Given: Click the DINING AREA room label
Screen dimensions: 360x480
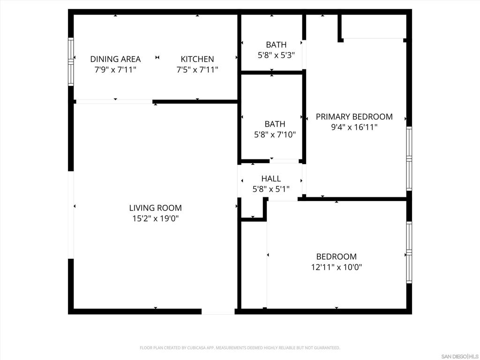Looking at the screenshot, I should [x=115, y=59].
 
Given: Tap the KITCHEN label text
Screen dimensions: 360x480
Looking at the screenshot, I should [x=197, y=59].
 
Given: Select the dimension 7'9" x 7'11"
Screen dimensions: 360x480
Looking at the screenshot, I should [x=115, y=70].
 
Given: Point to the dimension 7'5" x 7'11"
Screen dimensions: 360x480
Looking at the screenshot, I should [x=197, y=70].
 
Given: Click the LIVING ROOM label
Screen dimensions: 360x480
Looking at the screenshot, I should [x=155, y=208].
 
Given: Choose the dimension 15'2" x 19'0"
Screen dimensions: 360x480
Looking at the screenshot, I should [x=155, y=218].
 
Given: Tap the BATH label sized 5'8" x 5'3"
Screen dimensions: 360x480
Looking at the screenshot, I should [x=276, y=45].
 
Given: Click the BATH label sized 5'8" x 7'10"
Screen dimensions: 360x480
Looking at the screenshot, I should [x=275, y=124].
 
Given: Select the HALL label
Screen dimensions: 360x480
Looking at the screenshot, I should [x=271, y=179].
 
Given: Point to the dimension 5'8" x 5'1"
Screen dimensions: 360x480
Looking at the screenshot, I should [x=271, y=189].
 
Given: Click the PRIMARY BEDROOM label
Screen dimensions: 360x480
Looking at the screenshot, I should [x=354, y=117].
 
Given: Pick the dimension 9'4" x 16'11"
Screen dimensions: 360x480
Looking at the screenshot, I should [x=354, y=127].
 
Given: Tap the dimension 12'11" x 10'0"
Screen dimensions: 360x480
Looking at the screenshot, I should [x=336, y=267].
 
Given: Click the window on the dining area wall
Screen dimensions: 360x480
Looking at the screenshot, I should [x=71, y=61].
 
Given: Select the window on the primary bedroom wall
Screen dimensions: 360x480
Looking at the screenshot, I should [x=409, y=158].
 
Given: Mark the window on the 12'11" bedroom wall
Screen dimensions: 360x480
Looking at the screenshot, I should [x=409, y=252].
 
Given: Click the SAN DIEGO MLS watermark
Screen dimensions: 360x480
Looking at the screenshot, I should [x=460, y=356].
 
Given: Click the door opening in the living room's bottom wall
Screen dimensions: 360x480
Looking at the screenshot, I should [x=218, y=311].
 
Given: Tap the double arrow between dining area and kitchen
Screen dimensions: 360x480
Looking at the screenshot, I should [x=157, y=58].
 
